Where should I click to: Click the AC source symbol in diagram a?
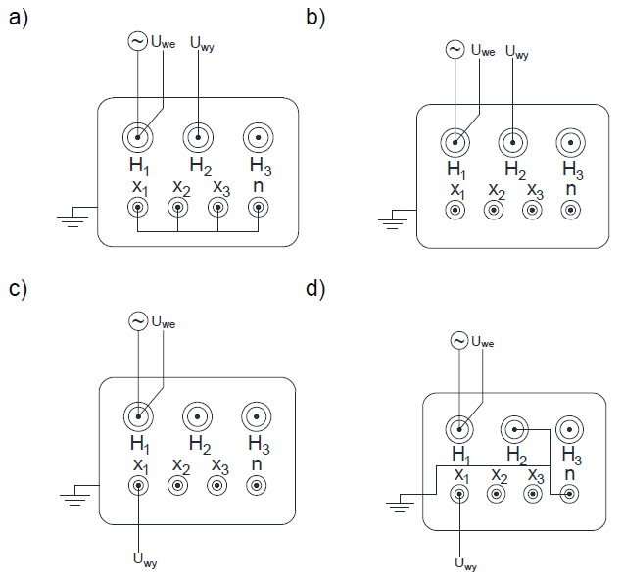pos(138,41)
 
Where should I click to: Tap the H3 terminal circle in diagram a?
pos(258,136)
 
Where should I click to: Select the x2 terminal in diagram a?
pos(177,207)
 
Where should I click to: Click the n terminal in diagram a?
pos(258,207)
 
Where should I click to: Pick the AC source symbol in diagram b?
pos(455,49)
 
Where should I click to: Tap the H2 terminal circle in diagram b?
pos(510,143)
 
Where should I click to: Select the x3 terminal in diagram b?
pos(532,210)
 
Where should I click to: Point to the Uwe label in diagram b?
pos(483,50)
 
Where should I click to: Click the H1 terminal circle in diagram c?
pos(138,416)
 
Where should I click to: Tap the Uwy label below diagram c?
pos(144,560)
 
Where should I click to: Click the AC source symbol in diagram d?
pos(459,340)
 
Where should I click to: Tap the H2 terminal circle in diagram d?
pos(514,429)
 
